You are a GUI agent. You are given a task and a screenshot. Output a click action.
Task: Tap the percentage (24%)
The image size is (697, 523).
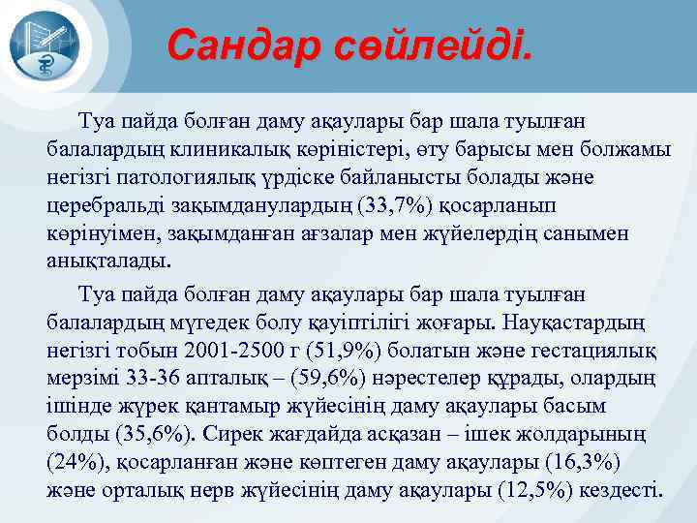74,461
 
